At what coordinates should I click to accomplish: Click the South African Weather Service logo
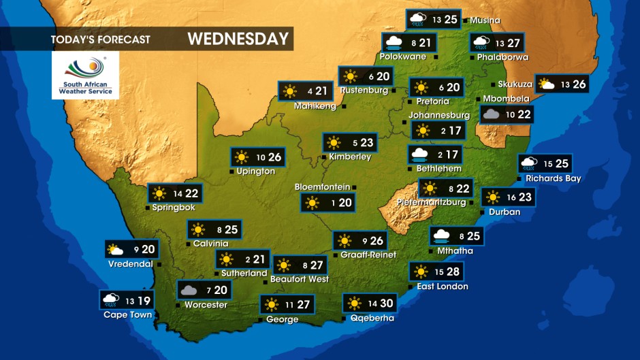point(85,75)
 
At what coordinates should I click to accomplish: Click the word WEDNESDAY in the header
point(238,39)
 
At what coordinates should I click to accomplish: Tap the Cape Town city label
point(127,314)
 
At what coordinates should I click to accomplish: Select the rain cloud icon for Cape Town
point(110,299)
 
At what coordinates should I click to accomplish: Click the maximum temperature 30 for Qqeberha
point(387,304)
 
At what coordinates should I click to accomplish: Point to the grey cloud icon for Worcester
point(189,291)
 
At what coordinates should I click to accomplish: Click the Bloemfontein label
point(322,187)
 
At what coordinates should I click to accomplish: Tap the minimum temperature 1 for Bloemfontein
point(333,203)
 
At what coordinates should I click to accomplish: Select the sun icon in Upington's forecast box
point(242,157)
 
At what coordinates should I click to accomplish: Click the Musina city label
point(485,20)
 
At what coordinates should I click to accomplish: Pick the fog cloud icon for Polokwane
point(392,43)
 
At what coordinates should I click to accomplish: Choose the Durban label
point(505,212)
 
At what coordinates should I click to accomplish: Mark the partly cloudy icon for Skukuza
point(546,84)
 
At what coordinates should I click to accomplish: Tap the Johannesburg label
point(439,116)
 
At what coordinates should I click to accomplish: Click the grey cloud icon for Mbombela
point(490,114)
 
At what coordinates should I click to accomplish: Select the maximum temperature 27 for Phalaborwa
point(514,43)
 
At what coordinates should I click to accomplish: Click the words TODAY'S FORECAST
point(100,39)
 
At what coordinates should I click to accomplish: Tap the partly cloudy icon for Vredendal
point(115,250)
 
